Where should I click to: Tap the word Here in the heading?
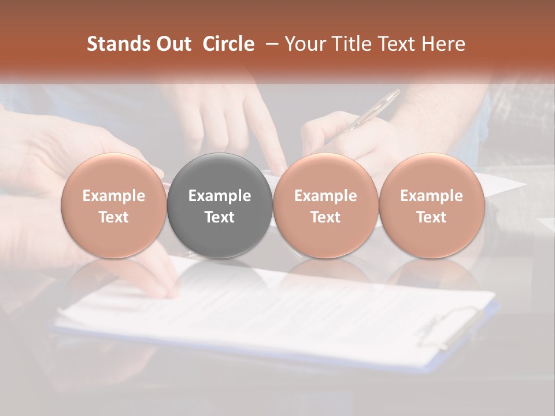[x=444, y=44]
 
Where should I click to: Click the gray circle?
[x=220, y=206]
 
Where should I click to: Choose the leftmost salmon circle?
[x=114, y=206]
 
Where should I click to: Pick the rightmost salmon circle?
[x=432, y=206]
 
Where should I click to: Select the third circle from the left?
[x=325, y=206]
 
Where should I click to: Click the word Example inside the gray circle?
[x=220, y=196]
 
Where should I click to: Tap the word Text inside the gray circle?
[x=220, y=217]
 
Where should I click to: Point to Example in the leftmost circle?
[x=114, y=196]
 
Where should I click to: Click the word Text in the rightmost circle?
[x=432, y=217]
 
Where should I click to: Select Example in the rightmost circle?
[x=432, y=196]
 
